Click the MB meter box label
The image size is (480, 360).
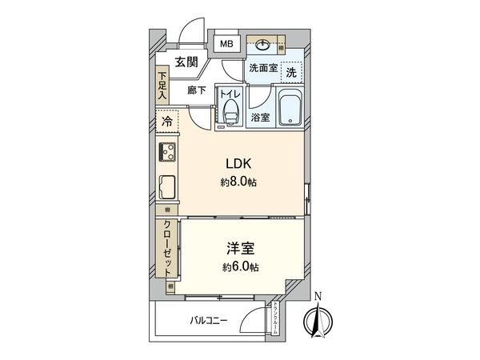click(227, 44)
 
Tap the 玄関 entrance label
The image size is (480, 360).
click(187, 62)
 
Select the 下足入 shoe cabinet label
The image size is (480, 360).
click(162, 84)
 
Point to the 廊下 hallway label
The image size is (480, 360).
click(197, 90)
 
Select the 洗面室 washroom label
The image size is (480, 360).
click(262, 69)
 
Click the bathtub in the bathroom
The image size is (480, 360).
click(289, 108)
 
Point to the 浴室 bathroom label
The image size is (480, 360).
click(261, 118)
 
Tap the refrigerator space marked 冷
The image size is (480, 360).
click(167, 122)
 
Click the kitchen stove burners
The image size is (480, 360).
click(169, 151)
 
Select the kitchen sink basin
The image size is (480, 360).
click(170, 189)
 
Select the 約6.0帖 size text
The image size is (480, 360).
click(240, 267)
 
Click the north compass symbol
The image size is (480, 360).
click(318, 321)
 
